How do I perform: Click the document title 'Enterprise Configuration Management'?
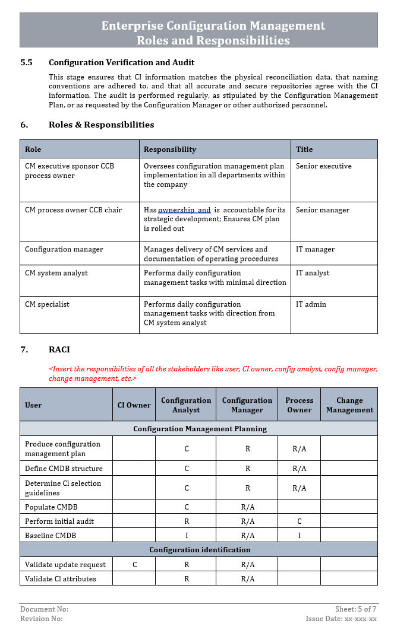[x=213, y=26]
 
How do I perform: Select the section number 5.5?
[x=27, y=62]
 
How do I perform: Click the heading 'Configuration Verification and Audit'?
[x=121, y=62]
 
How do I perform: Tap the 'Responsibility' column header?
[x=170, y=149]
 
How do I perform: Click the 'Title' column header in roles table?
[x=304, y=149]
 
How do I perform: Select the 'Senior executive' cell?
[x=323, y=166]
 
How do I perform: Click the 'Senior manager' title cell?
[x=322, y=210]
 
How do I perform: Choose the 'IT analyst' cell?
[x=313, y=273]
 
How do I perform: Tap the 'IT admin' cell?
[x=311, y=304]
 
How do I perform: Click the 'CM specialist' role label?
[x=47, y=304]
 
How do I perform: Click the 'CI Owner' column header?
[x=134, y=405]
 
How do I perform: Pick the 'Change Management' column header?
[x=349, y=405]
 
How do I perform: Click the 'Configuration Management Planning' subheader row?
[x=200, y=428]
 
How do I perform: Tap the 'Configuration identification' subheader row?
[x=200, y=550]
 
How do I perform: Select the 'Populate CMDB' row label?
[x=51, y=507]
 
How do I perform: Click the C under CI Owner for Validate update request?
[x=134, y=565]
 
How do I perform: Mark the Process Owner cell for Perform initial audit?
[x=299, y=521]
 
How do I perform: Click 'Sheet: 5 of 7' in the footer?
[x=355, y=609]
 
